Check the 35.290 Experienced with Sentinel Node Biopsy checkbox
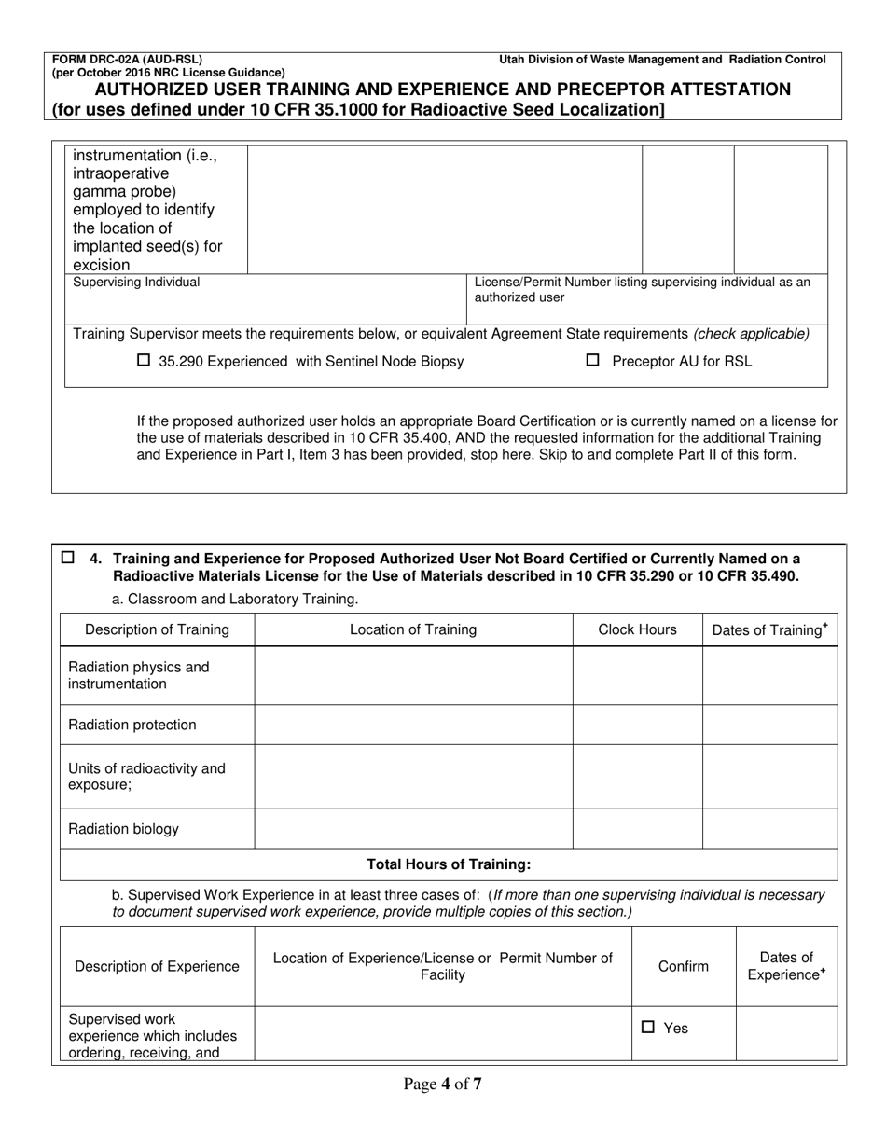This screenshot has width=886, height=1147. click(144, 362)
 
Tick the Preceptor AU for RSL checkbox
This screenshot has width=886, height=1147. click(592, 362)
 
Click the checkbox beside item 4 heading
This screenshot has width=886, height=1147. click(68, 558)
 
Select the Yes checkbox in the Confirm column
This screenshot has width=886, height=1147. click(648, 1028)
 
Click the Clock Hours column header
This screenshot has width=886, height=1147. click(637, 629)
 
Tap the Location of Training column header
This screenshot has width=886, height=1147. click(412, 629)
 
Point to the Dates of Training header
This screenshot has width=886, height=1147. click(769, 629)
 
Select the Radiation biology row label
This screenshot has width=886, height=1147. click(123, 829)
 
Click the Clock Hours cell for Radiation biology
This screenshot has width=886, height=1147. click(637, 829)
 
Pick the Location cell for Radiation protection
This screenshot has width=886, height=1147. click(412, 725)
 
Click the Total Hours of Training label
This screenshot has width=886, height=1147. click(449, 864)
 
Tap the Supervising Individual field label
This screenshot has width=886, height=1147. click(136, 282)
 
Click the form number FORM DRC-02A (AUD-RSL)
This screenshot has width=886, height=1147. click(127, 60)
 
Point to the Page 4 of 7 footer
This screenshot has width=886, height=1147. click(442, 1084)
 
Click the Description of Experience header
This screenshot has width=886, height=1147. click(157, 966)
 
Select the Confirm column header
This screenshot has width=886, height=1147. click(683, 966)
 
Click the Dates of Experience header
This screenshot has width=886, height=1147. click(786, 966)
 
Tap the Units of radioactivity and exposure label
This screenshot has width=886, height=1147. click(147, 777)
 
